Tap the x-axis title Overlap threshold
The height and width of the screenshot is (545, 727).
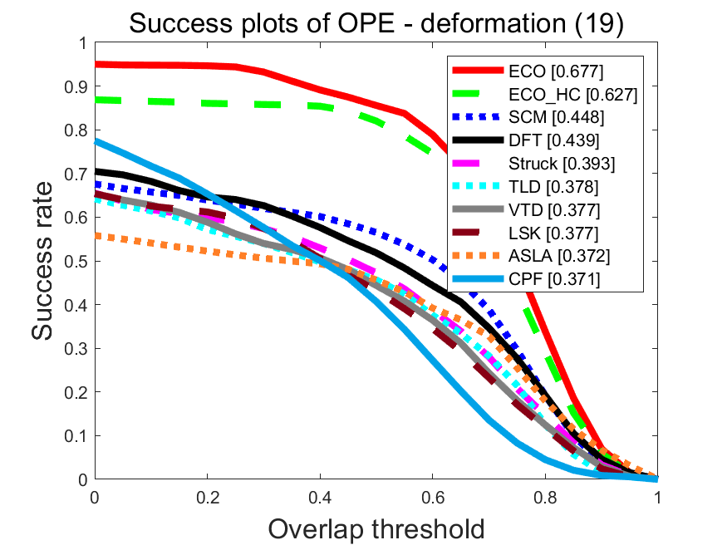tap(376, 527)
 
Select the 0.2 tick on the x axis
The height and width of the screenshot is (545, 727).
tap(207, 497)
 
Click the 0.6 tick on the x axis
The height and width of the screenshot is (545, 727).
tap(432, 497)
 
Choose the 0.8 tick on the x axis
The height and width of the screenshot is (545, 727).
tap(545, 497)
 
